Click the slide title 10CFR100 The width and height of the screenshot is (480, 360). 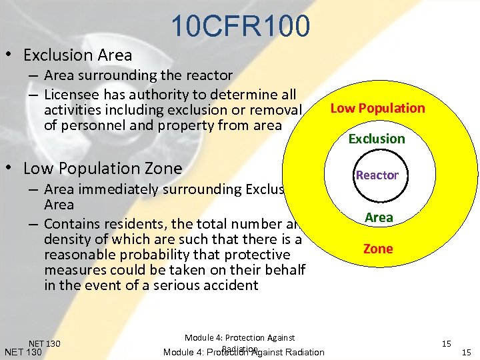240,27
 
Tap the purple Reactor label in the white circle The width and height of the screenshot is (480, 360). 377,175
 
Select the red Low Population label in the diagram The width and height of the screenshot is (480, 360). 377,108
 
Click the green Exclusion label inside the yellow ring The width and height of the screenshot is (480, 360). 377,139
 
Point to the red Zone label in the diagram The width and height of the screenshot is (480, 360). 378,249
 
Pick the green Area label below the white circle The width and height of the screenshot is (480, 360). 378,217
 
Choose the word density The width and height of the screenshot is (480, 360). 67,239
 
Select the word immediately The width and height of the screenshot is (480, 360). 118,189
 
